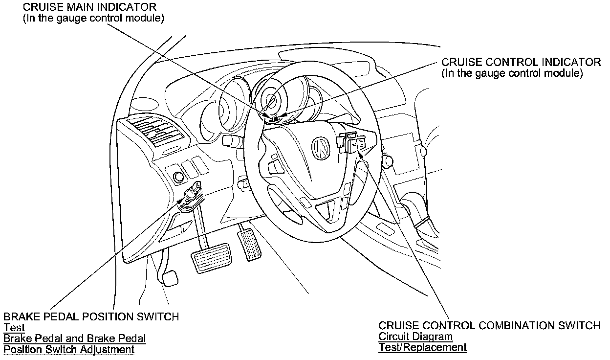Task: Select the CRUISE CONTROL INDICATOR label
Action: tap(521, 63)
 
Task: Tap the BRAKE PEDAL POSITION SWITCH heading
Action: tap(91, 316)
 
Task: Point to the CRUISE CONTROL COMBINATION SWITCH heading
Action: tap(489, 326)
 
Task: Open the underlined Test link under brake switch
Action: tap(14, 328)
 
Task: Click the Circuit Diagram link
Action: tap(415, 337)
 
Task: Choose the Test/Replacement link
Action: tap(422, 347)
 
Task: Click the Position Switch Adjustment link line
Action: tap(68, 350)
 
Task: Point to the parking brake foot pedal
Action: tap(169, 279)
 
